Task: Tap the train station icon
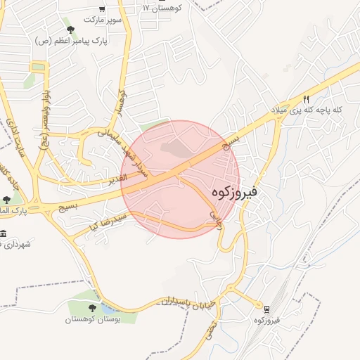tap(266, 309)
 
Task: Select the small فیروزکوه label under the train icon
tap(267, 321)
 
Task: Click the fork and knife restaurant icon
tap(306, 99)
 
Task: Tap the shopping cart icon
tap(103, 9)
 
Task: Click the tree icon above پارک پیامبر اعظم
tap(70, 30)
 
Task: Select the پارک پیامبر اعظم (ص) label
tap(72, 41)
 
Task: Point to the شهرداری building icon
tap(4, 233)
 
